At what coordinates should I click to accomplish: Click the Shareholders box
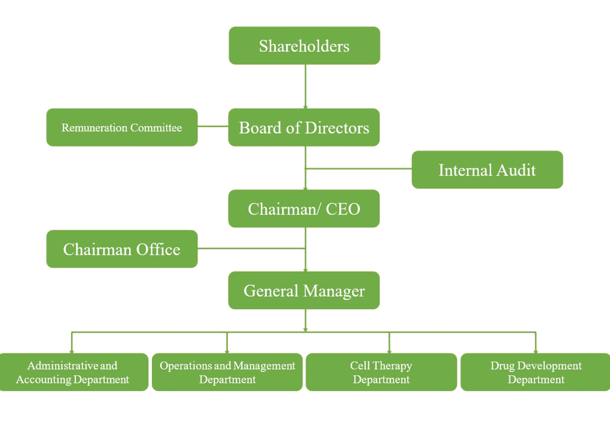pos(304,45)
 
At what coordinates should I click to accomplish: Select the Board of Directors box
pos(304,127)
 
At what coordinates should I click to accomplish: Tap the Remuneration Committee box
pos(122,127)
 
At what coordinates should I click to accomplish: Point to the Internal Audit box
pos(487,170)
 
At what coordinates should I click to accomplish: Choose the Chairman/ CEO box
pos(304,209)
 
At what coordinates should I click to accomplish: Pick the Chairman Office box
pos(122,249)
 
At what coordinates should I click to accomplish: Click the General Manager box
pos(304,291)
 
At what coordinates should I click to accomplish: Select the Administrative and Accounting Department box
pos(73,372)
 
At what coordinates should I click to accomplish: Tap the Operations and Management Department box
pos(227,372)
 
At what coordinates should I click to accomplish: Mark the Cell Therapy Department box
pos(382,372)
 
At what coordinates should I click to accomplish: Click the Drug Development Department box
pos(536,372)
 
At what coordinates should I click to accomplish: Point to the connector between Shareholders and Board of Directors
pos(305,86)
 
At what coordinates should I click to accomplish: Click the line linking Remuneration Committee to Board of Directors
pos(213,127)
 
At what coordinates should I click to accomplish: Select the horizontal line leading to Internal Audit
pos(359,169)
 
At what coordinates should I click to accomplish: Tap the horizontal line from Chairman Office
pos(251,248)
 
